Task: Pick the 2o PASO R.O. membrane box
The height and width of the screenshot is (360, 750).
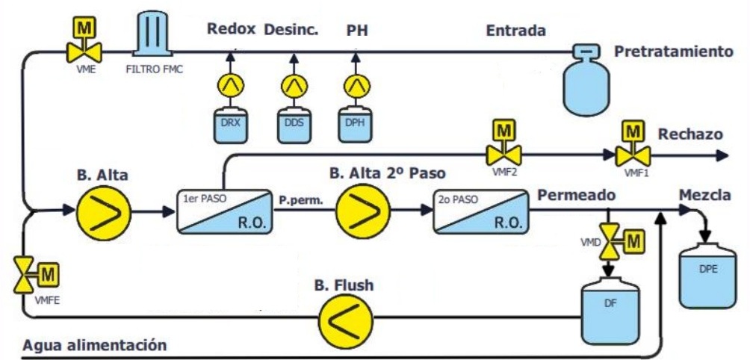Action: click(x=481, y=211)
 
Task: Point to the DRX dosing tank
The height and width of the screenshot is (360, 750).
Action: click(x=229, y=125)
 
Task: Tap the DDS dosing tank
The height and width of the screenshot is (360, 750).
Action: click(x=293, y=125)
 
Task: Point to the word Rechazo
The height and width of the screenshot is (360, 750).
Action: click(x=689, y=134)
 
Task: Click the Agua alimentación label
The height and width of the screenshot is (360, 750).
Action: click(x=93, y=346)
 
